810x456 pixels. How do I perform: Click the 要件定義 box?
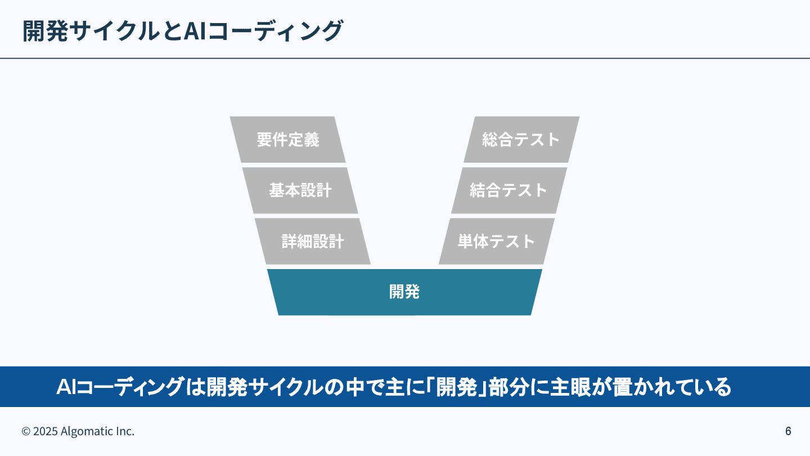288,140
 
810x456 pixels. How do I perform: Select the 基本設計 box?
300,190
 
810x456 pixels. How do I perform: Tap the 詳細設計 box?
313,242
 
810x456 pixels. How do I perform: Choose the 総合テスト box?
521,140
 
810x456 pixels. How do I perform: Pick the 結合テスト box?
508,190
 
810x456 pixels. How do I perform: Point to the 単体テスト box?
496,242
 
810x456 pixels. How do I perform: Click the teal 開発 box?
404,292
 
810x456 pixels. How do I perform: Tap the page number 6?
788,431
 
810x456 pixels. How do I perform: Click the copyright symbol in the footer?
26,432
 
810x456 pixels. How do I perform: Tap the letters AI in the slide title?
193,31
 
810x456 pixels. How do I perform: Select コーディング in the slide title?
272,31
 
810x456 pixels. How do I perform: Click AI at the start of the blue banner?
66,387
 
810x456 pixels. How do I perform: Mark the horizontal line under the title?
405,58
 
